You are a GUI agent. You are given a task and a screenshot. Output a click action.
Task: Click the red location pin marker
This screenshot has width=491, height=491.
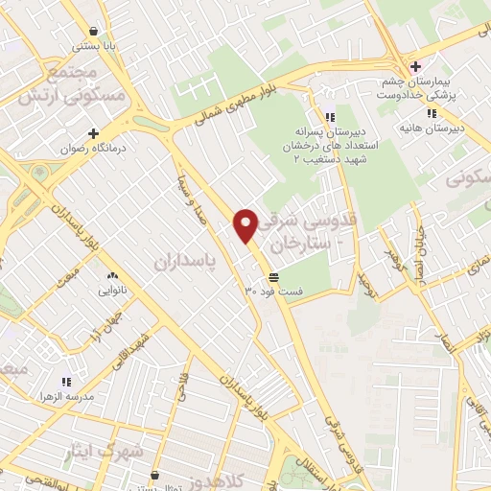click(245, 224)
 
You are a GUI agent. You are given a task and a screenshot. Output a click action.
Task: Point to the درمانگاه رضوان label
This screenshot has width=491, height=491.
click(93, 148)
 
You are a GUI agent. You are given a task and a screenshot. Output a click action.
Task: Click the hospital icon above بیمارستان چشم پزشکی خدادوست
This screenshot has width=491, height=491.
click(414, 66)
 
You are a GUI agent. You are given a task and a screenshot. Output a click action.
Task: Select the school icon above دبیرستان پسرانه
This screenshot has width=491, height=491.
click(330, 115)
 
